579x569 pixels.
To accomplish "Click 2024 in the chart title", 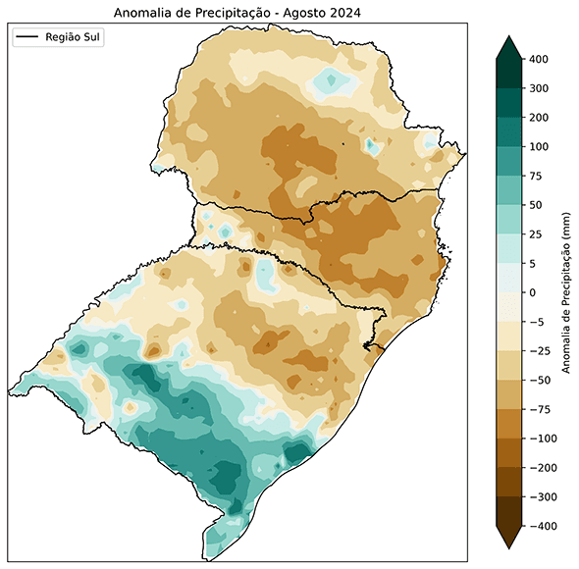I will click(x=346, y=12).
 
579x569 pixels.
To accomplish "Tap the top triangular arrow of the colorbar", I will click(x=507, y=47).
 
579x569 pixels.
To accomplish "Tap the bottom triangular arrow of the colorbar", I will click(x=507, y=539).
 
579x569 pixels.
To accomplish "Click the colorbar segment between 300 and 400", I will click(x=507, y=74).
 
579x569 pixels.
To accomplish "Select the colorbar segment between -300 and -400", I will click(x=507, y=512).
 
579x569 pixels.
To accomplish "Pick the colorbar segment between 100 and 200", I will click(x=507, y=132).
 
